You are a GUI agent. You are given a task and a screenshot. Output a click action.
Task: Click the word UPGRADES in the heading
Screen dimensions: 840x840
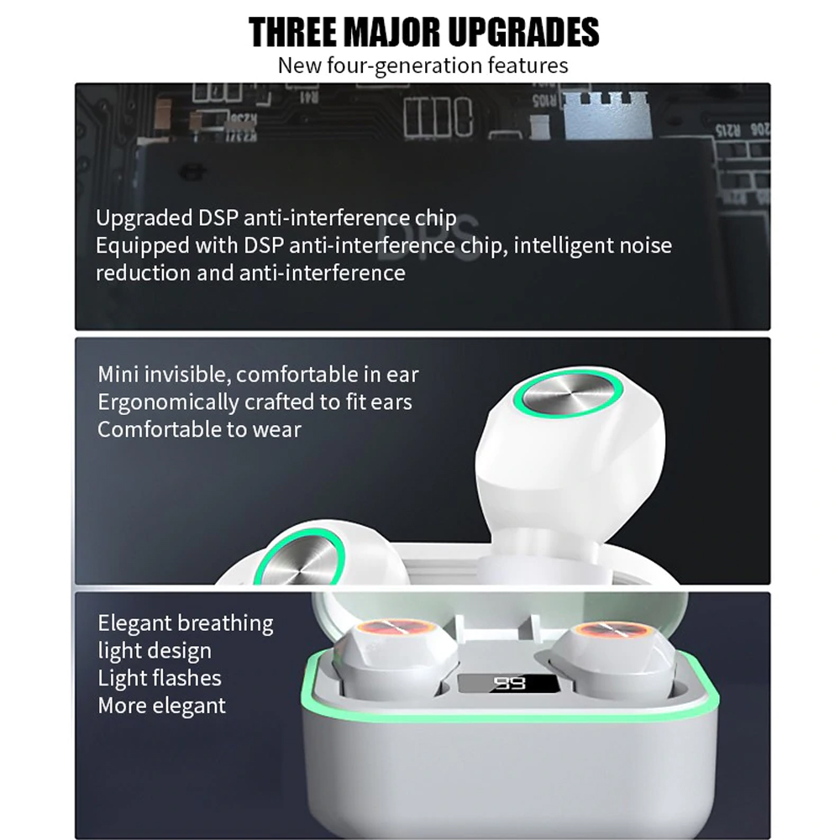[x=523, y=32]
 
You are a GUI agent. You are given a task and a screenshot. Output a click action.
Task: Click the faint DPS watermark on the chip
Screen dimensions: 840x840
[x=428, y=239]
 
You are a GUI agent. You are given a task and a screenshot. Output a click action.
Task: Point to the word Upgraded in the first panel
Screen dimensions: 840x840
[x=144, y=218]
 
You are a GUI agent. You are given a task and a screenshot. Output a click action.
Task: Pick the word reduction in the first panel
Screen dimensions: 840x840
[x=143, y=273]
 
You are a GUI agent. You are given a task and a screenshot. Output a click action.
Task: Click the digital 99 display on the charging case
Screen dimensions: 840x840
[x=509, y=682]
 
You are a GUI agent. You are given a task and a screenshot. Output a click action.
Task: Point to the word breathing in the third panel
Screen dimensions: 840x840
[x=225, y=623]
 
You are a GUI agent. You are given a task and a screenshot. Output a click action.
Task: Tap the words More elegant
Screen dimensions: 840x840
[x=162, y=706]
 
